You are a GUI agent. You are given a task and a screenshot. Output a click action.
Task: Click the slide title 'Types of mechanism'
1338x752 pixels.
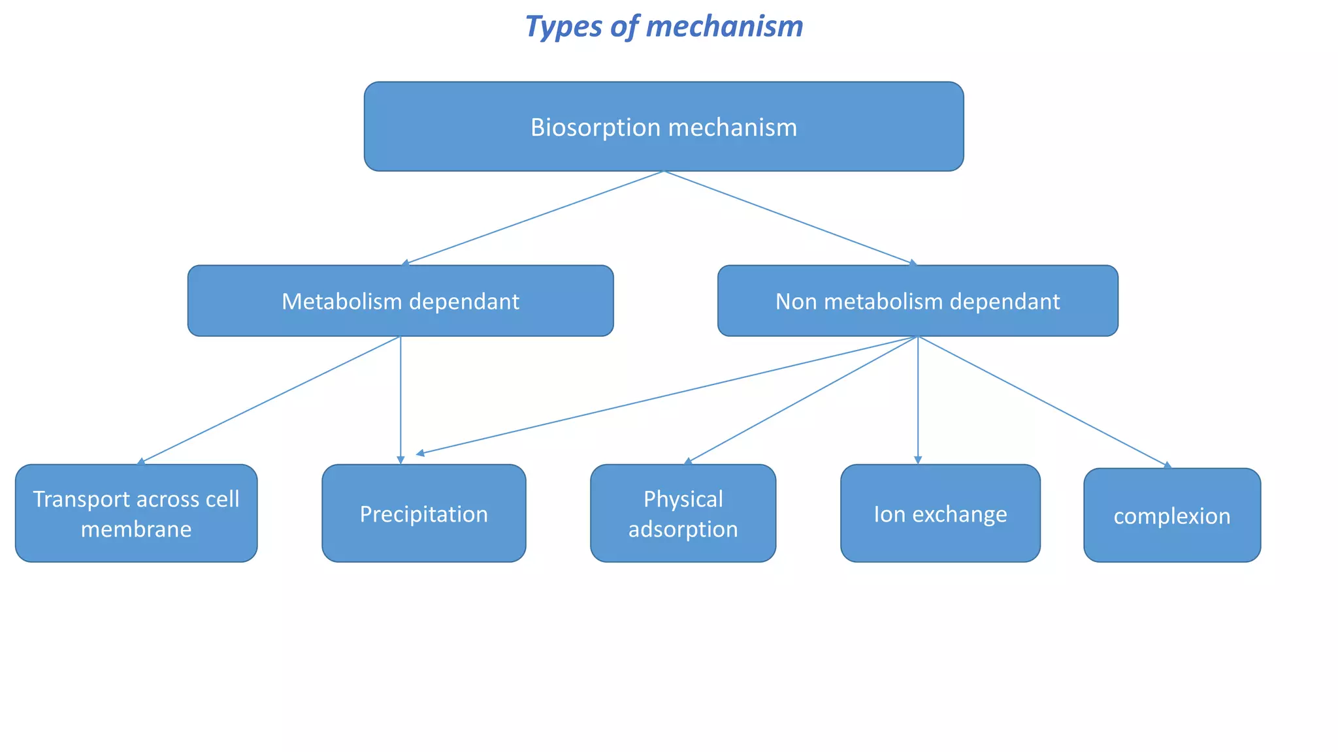point(664,27)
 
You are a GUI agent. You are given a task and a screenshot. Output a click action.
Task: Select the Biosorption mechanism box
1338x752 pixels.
point(664,127)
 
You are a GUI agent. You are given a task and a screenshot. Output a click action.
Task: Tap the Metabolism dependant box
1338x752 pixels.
point(400,301)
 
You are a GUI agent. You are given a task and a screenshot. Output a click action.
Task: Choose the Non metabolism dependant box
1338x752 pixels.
point(917,301)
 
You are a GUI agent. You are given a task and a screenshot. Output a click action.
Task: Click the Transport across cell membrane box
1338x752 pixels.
point(136,513)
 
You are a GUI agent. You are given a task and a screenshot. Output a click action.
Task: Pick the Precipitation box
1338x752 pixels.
point(423,514)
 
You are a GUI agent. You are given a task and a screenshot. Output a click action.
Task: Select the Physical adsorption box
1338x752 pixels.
point(683,513)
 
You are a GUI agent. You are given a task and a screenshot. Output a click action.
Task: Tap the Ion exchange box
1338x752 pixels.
point(940,514)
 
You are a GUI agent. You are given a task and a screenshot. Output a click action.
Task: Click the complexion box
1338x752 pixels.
point(1171,516)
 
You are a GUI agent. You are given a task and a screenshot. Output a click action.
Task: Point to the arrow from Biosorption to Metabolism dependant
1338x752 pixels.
point(532,217)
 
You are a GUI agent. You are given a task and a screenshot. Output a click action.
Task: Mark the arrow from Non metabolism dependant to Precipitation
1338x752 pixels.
point(666,395)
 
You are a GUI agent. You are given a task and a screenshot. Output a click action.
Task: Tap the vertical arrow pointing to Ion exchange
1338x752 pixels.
point(917,400)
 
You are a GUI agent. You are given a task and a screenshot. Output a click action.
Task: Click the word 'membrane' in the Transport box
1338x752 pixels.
point(136,529)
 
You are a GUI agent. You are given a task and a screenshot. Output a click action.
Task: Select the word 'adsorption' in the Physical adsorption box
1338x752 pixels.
point(683,529)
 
